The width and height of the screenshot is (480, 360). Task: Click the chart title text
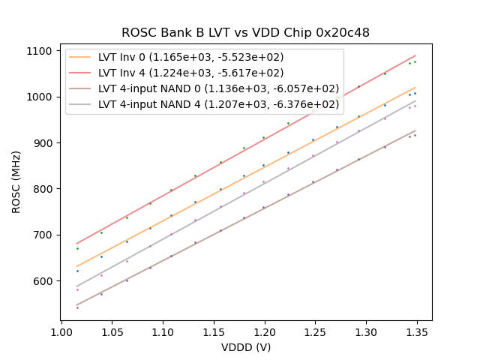[x=245, y=33]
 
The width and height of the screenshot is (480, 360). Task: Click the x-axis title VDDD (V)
[x=245, y=347]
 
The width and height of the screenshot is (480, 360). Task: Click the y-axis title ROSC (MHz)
[x=16, y=181]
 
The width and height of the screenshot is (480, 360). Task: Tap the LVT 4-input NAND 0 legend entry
[x=218, y=88]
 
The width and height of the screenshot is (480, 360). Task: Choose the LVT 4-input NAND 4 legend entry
[x=218, y=103]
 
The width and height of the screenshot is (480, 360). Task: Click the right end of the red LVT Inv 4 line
[x=415, y=55]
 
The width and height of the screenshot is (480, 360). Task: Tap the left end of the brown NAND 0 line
[x=76, y=305]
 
